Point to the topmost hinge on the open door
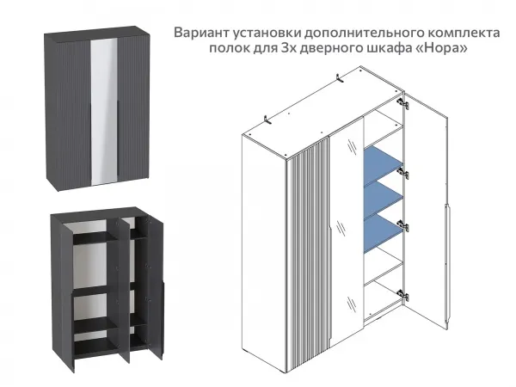pos(402,101)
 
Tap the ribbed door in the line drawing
pos(312,258)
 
